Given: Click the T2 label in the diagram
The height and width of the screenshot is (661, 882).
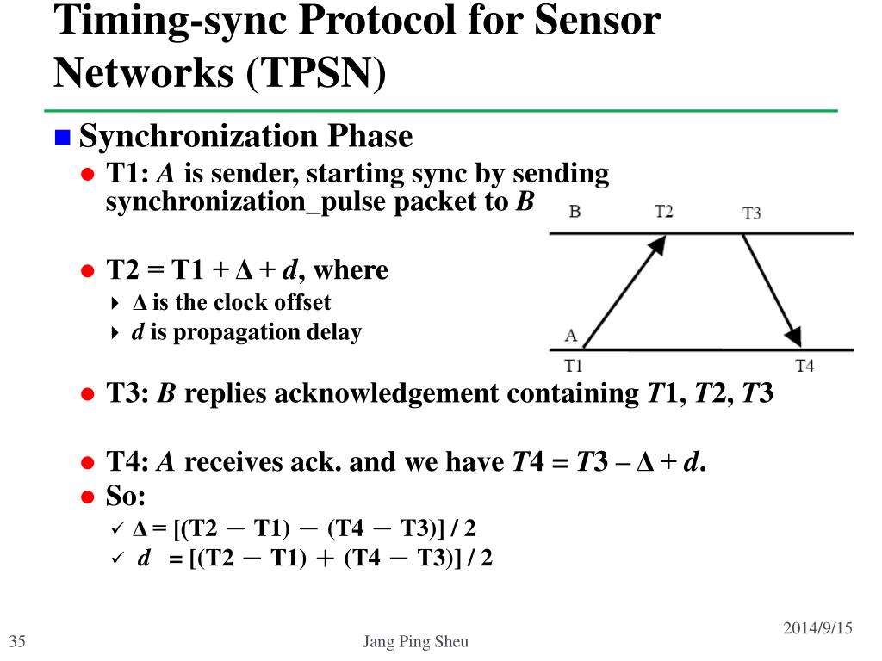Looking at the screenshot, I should pyautogui.click(x=663, y=211).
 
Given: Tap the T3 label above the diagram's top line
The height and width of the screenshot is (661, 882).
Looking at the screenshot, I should pyautogui.click(x=751, y=213).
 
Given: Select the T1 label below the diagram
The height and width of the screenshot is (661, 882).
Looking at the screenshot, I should pyautogui.click(x=574, y=365).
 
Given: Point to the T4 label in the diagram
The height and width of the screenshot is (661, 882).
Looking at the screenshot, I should pyautogui.click(x=804, y=365).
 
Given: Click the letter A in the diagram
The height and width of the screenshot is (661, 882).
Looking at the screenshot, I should pyautogui.click(x=571, y=335).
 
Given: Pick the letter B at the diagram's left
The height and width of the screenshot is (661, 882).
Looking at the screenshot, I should pyautogui.click(x=575, y=211).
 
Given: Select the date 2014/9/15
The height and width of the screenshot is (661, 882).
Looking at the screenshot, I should pyautogui.click(x=817, y=628).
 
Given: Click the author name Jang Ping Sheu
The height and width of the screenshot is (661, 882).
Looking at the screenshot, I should pyautogui.click(x=416, y=642).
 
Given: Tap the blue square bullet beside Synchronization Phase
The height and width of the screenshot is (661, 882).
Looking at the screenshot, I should pyautogui.click(x=62, y=137).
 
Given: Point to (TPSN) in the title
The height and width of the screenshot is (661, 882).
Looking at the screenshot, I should pyautogui.click(x=316, y=74).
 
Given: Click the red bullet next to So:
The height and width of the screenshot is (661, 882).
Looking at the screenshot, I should pyautogui.click(x=87, y=497).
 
